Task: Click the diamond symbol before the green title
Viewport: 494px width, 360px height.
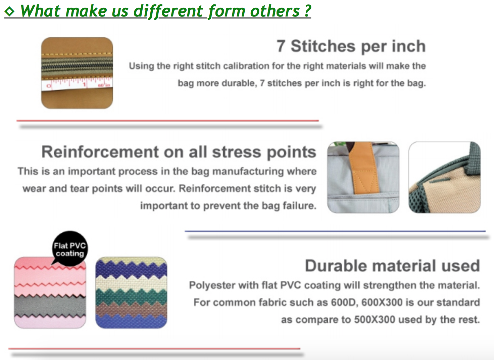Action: [x=9, y=11]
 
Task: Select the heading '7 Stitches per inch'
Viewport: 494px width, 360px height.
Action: [x=351, y=46]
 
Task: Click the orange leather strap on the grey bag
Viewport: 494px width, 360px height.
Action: [x=364, y=168]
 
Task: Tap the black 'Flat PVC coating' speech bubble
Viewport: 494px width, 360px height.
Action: [x=70, y=249]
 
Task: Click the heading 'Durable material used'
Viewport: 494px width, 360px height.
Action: [x=392, y=266]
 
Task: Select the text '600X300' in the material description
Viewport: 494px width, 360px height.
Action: [x=382, y=302]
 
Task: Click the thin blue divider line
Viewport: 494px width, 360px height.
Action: [x=335, y=231]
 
